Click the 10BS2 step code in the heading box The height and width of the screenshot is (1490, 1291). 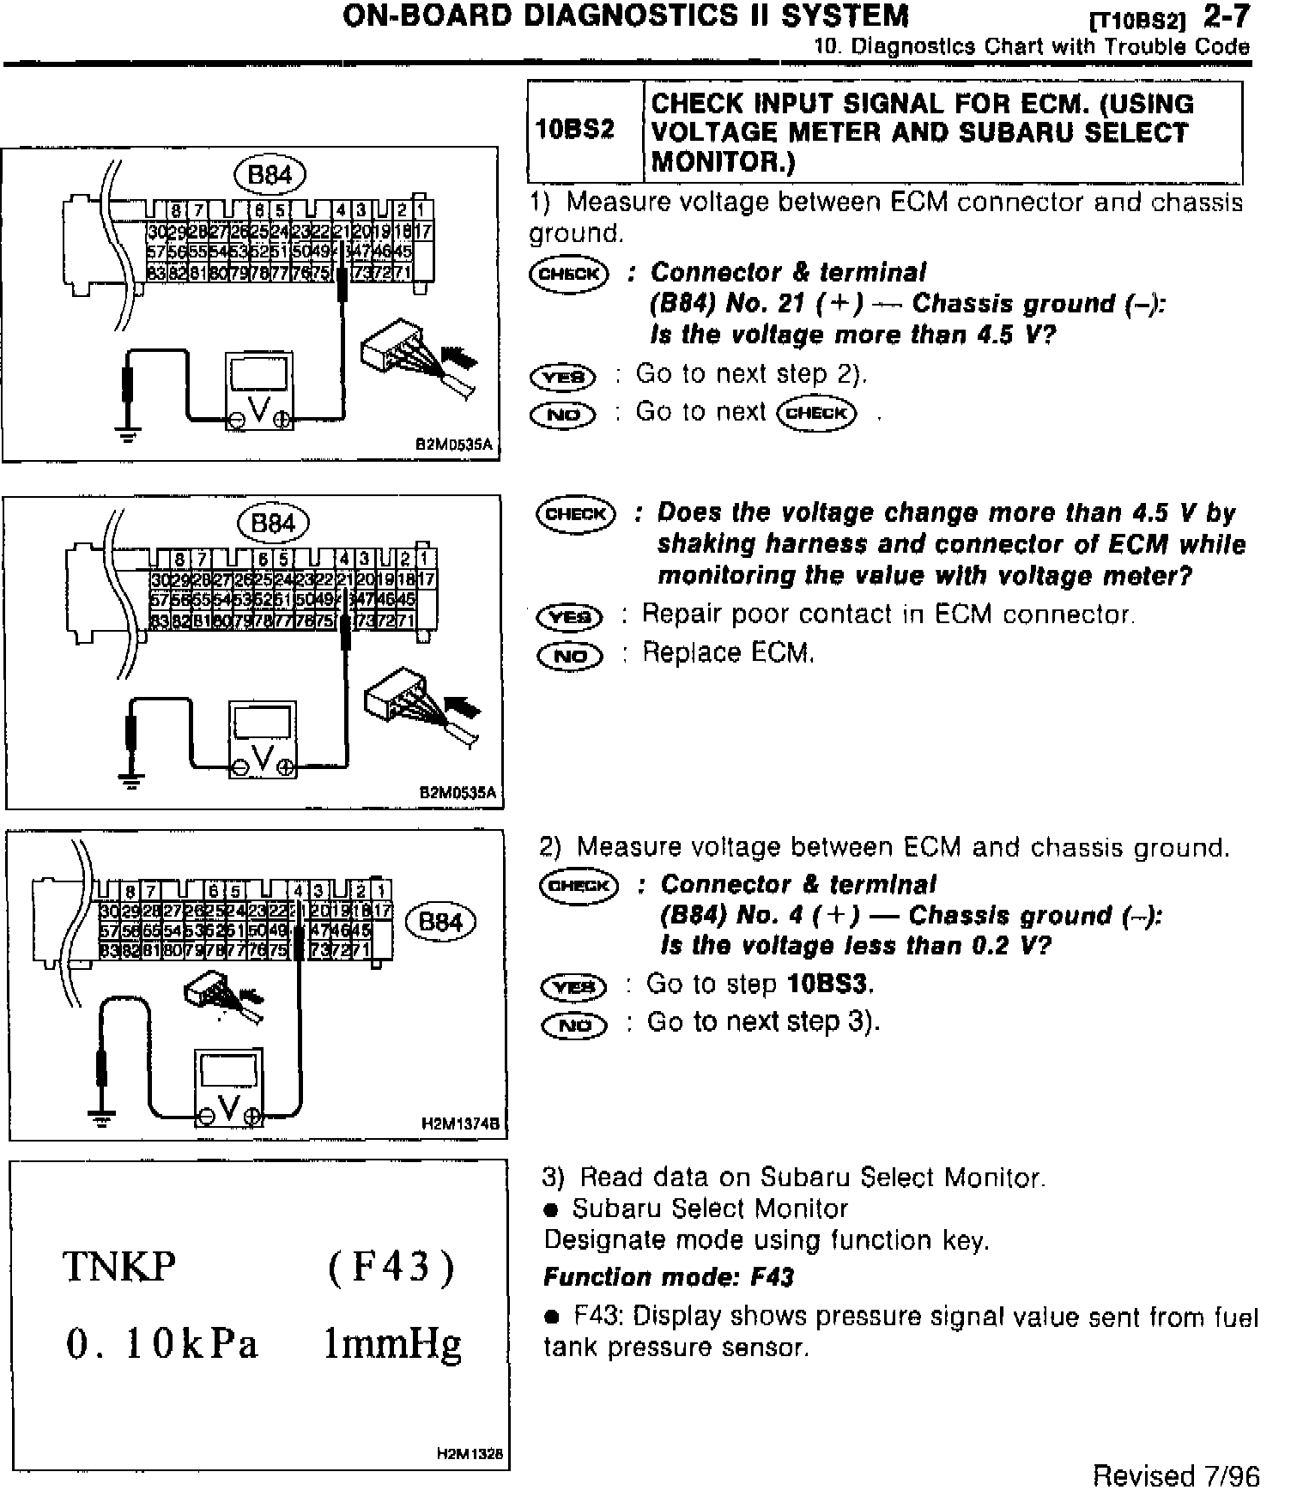(x=575, y=130)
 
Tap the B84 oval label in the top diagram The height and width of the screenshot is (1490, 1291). (x=270, y=176)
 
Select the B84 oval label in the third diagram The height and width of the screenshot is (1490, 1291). (x=441, y=923)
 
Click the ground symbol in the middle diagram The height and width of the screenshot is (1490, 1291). (x=130, y=781)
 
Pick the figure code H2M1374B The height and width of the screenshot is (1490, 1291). (x=461, y=1123)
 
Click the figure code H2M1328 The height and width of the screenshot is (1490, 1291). (x=469, y=1454)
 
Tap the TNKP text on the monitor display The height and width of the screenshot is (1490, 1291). (x=119, y=1266)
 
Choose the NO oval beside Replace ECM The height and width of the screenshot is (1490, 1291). (x=569, y=657)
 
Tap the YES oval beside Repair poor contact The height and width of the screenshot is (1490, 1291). (x=569, y=617)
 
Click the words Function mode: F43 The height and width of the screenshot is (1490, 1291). (x=669, y=1277)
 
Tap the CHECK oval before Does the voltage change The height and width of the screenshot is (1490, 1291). (x=575, y=514)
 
